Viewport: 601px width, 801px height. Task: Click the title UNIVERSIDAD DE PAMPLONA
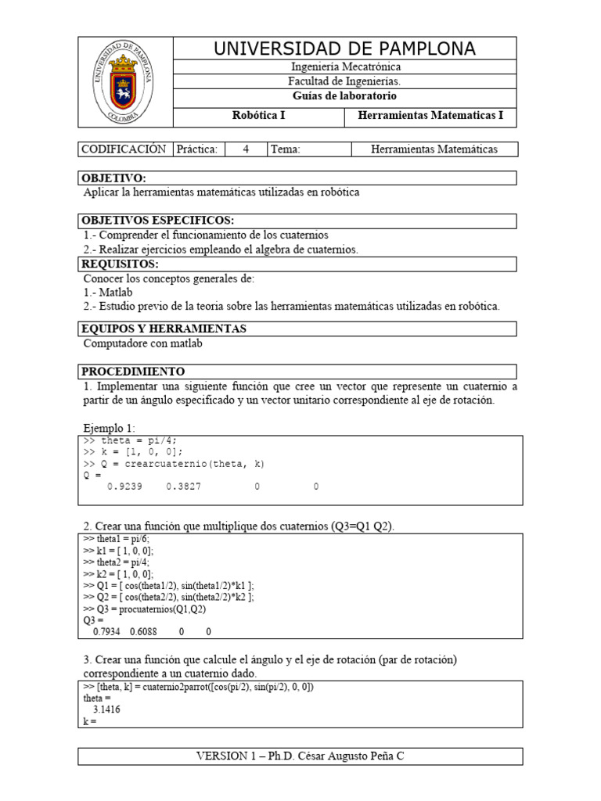point(344,48)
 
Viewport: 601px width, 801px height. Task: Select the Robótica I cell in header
point(259,117)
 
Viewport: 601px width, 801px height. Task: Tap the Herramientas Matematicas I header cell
point(430,117)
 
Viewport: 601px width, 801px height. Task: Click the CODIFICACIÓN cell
point(124,149)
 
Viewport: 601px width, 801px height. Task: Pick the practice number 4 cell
point(246,149)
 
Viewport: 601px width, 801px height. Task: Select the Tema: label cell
point(286,149)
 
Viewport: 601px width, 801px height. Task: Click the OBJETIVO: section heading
point(114,178)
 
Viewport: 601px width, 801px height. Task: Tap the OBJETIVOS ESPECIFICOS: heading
point(158,221)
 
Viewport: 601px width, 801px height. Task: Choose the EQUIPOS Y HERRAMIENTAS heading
point(164,329)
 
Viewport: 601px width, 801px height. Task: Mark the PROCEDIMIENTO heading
point(134,371)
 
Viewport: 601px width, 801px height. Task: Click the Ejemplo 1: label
point(109,428)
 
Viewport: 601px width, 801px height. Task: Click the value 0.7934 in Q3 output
point(109,630)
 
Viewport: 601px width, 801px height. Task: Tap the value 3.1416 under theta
point(106,709)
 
